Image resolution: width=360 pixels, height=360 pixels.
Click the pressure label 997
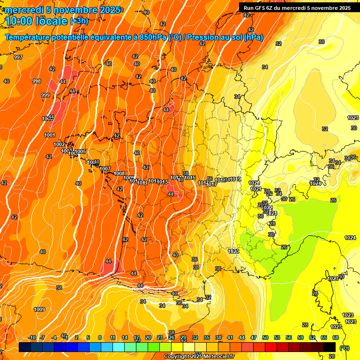(18, 57)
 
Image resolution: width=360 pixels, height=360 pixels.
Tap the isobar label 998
(37, 81)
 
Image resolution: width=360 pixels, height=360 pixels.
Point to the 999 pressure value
(45, 95)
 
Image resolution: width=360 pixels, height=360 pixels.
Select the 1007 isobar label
(105, 169)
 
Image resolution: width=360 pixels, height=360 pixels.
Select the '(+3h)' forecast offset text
(79, 21)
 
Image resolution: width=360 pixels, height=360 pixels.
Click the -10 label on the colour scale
(32, 337)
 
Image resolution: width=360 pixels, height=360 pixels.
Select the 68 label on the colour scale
(336, 337)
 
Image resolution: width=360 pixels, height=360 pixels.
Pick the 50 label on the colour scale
(265, 337)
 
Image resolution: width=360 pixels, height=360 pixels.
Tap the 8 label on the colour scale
(100, 337)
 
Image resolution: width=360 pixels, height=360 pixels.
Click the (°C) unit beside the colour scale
(344, 348)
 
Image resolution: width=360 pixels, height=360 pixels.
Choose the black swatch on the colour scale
(330, 347)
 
